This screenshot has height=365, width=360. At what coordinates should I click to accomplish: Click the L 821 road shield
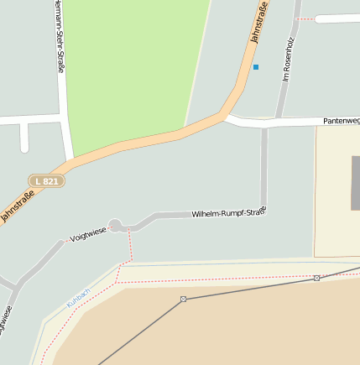click(x=47, y=181)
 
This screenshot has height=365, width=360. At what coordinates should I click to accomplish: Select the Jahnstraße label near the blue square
click(x=259, y=23)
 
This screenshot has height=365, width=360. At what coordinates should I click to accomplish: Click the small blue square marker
click(x=256, y=67)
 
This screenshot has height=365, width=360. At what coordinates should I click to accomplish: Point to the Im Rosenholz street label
click(x=288, y=59)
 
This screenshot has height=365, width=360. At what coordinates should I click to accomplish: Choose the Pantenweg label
click(x=341, y=122)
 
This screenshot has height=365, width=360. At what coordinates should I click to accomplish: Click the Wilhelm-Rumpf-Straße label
click(x=228, y=212)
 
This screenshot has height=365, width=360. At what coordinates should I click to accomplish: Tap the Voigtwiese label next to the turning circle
click(x=88, y=232)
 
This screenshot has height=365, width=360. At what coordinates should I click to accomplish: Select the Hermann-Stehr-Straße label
click(x=58, y=38)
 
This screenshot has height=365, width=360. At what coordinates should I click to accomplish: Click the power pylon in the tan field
click(x=183, y=299)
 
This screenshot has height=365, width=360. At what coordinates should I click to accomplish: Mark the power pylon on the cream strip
click(x=316, y=278)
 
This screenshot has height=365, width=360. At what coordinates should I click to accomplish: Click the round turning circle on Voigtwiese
click(x=116, y=225)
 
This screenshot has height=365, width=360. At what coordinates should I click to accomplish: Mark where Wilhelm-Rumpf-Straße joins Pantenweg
click(x=264, y=125)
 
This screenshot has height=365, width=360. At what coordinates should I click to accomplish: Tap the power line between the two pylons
click(x=250, y=288)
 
